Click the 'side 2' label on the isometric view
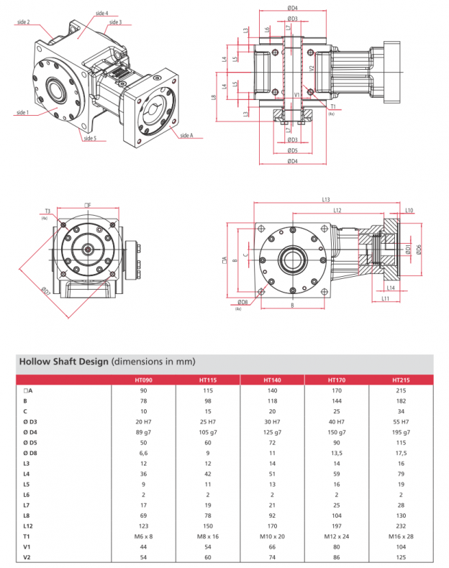(x=23, y=22)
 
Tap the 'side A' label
(x=186, y=135)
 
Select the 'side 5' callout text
(x=89, y=138)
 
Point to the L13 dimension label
(x=325, y=199)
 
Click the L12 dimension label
(x=337, y=210)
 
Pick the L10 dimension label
(x=408, y=211)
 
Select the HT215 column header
(x=401, y=380)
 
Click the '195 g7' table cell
(x=401, y=431)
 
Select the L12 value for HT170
(x=337, y=525)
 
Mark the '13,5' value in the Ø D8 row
(x=337, y=452)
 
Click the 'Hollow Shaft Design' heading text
(x=63, y=361)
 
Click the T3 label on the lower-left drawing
(x=47, y=211)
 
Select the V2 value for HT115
(x=209, y=556)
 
